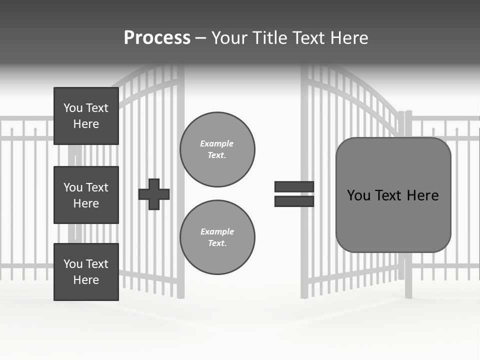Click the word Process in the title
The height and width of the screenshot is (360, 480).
157,38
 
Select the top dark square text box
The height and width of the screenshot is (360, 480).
86,116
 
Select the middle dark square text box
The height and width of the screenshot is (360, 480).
86,195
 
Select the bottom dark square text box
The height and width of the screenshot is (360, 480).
86,272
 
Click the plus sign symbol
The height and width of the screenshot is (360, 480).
154,194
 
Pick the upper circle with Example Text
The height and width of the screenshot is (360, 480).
217,149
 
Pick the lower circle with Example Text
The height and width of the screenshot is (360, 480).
217,237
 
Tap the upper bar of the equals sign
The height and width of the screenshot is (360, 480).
294,186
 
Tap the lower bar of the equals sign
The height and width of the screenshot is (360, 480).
294,201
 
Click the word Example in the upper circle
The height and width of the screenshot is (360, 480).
217,143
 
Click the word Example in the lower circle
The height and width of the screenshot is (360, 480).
217,231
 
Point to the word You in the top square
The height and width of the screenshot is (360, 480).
73,108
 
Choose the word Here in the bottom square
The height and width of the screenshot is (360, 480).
86,280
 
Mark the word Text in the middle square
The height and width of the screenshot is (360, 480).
97,187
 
